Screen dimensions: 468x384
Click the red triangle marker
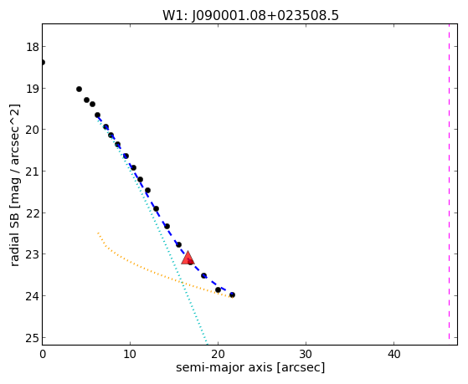[x=188, y=258]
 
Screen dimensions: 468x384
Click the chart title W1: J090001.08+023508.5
[x=250, y=16]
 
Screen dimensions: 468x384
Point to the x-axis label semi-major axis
[x=224, y=367]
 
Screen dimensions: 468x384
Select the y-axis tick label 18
[x=33, y=47]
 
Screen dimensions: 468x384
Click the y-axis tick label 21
[x=33, y=172]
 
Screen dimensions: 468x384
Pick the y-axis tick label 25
[x=33, y=338]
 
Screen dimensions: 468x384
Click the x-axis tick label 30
[x=306, y=355]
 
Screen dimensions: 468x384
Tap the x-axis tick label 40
[x=393, y=355]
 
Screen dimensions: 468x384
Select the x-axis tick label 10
[x=130, y=355]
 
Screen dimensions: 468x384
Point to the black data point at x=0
[x=43, y=63]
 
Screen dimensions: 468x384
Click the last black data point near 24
[x=232, y=295]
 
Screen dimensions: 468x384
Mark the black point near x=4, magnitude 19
[x=79, y=90]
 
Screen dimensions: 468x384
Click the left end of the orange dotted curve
[x=98, y=233]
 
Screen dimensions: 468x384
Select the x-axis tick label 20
[x=218, y=355]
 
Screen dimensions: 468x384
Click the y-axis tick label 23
[x=33, y=254]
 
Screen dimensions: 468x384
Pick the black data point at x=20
[x=219, y=290]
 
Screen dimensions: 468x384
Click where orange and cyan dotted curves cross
[x=183, y=283]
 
